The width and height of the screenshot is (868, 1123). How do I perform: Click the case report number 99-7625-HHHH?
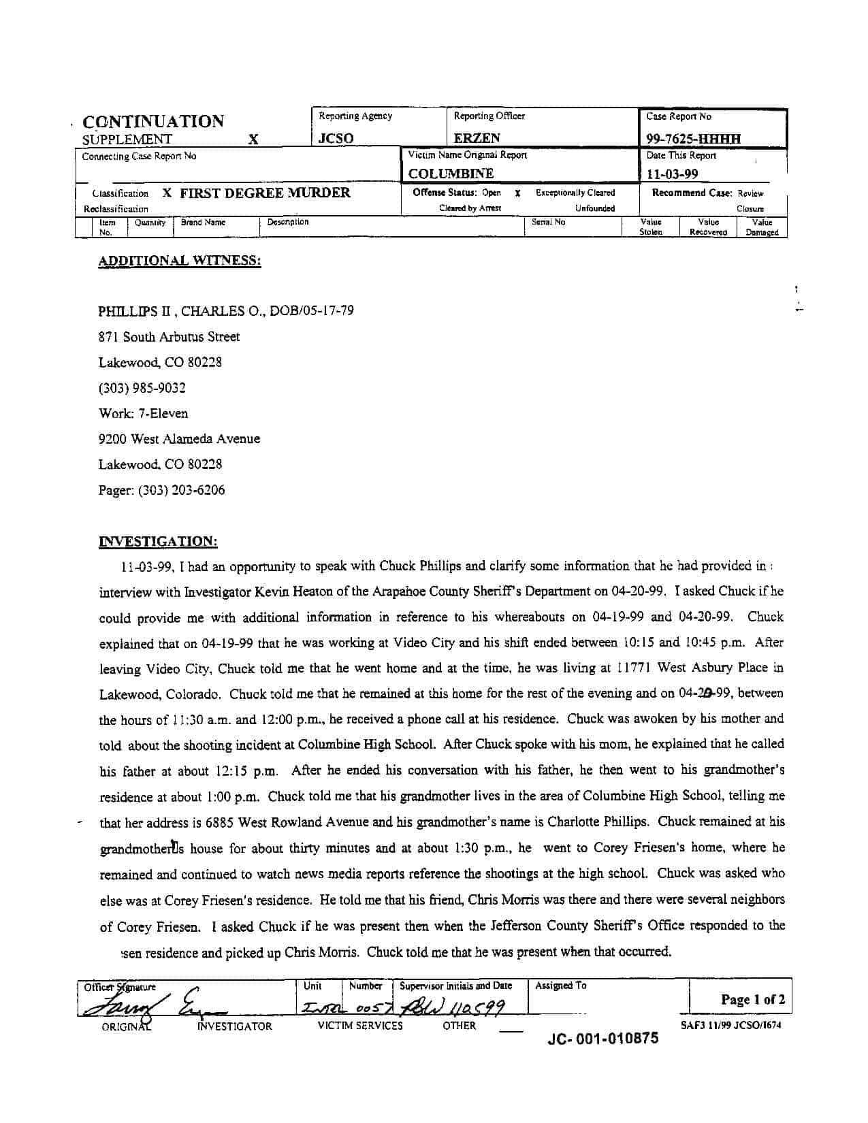click(x=693, y=139)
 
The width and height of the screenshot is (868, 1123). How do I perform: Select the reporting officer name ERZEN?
click(x=477, y=138)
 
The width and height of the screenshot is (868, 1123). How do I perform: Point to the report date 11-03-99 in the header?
click(x=672, y=174)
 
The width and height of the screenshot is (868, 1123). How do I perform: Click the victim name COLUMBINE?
click(x=451, y=174)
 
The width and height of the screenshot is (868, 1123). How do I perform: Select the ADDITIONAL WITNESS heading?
click(x=180, y=261)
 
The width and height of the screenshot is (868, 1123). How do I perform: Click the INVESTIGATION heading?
click(x=158, y=542)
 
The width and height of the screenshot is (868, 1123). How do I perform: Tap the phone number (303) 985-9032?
click(x=142, y=388)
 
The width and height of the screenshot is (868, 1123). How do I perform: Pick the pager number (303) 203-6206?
click(x=161, y=490)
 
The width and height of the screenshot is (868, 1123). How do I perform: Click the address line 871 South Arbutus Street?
click(x=169, y=337)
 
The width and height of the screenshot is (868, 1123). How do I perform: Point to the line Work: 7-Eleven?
click(x=143, y=413)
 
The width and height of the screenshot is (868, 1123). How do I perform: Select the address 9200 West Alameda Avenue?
click(x=179, y=439)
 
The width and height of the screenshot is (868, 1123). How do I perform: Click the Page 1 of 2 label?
click(x=752, y=999)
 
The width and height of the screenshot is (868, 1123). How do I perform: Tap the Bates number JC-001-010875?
click(x=602, y=1039)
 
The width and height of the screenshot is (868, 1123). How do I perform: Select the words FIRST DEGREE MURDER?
click(x=265, y=193)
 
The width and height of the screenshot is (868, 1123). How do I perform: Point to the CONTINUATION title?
click(x=153, y=122)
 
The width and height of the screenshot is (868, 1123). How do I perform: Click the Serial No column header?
click(x=548, y=222)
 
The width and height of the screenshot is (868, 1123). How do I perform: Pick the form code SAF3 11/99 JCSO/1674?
click(x=730, y=1025)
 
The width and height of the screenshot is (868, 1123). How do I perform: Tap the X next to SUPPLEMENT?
click(x=253, y=140)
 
